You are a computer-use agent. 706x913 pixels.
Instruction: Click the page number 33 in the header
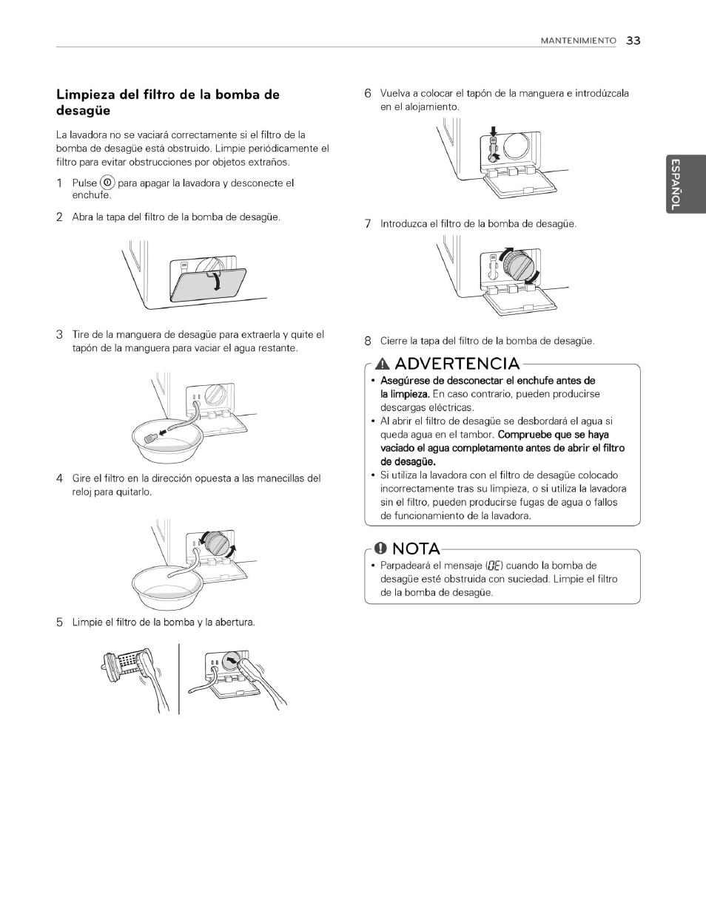click(633, 41)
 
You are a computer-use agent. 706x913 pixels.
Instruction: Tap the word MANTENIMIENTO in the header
click(578, 41)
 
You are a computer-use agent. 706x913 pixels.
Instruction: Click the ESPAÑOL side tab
click(675, 185)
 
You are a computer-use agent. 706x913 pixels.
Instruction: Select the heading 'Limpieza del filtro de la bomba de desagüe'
click(168, 103)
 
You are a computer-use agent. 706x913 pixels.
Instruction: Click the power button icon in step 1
click(107, 183)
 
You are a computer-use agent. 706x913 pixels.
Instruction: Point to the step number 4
click(60, 478)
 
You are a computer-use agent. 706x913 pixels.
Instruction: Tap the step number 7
click(367, 224)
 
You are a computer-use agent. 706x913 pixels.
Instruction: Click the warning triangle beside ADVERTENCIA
click(383, 364)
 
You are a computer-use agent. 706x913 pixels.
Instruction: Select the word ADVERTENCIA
click(457, 364)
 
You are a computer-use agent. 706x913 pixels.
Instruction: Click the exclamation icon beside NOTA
click(381, 549)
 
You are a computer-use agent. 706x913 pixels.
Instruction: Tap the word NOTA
click(416, 549)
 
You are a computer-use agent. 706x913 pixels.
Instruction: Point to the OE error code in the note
click(495, 566)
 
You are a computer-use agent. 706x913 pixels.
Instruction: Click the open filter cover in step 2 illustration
click(198, 285)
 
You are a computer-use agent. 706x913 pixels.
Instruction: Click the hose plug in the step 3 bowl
click(150, 436)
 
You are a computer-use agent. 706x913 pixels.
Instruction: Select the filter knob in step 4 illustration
click(217, 543)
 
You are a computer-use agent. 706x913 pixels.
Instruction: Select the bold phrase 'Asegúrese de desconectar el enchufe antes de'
click(487, 381)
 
